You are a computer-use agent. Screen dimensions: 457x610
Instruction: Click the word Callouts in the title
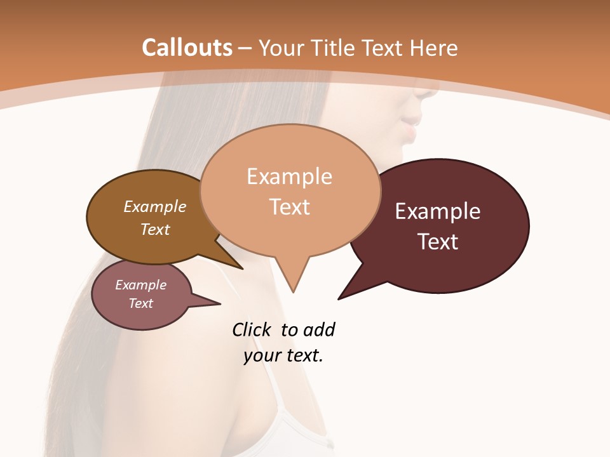(x=187, y=48)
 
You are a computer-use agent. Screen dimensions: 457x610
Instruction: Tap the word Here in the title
(x=433, y=48)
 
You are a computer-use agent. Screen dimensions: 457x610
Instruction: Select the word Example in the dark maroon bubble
(x=438, y=211)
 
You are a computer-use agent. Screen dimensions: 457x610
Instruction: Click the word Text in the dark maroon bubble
(x=438, y=242)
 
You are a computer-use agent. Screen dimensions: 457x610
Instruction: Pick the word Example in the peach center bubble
(x=289, y=176)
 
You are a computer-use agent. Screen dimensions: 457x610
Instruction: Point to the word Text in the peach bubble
(x=289, y=207)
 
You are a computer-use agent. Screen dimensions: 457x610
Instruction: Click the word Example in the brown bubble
(x=155, y=207)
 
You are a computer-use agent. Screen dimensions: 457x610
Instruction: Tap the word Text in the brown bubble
(x=155, y=229)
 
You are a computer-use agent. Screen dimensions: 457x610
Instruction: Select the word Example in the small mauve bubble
(x=140, y=285)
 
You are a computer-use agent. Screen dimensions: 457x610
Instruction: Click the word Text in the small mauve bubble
(x=140, y=303)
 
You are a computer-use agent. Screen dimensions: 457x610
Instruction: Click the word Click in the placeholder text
(x=253, y=329)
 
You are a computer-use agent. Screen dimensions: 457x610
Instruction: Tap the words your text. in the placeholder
(x=283, y=355)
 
